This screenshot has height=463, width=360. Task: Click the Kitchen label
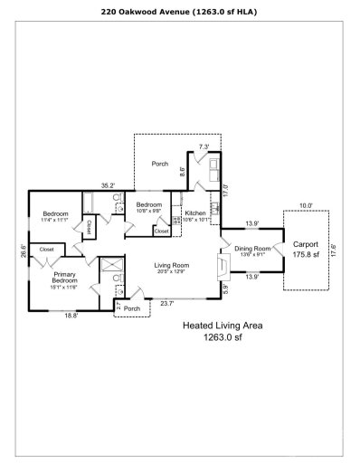point(195,213)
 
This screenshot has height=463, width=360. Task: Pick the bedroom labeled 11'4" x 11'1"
point(55,214)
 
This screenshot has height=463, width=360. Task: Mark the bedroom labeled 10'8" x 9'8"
point(148,206)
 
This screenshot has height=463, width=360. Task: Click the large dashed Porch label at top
point(159,164)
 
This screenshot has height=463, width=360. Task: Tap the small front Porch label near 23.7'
point(132,307)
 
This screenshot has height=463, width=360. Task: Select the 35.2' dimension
point(108,185)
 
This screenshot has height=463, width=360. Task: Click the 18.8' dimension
point(71,315)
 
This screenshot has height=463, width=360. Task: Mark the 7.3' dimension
point(204,146)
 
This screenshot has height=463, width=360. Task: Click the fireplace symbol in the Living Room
point(223,264)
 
